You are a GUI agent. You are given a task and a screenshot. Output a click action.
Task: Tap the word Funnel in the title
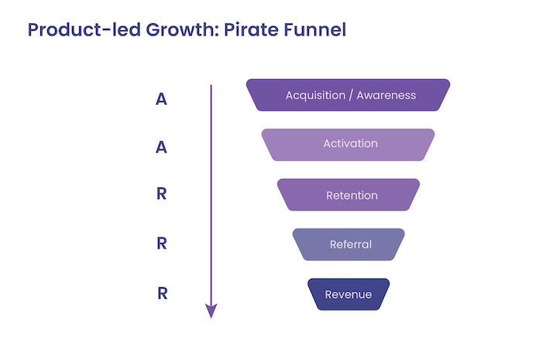click(315, 30)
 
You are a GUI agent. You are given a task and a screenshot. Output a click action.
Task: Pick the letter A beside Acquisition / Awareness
click(161, 99)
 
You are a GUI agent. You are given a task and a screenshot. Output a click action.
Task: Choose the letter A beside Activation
click(161, 147)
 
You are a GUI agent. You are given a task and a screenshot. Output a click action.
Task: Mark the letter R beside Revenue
click(161, 294)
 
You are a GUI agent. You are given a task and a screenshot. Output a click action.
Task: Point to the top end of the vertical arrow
click(211, 86)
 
